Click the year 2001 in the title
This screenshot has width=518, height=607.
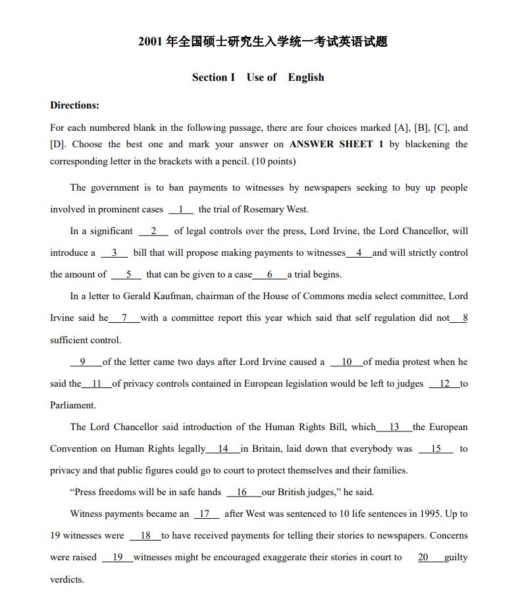coord(151,42)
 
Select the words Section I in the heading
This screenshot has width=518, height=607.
coord(213,78)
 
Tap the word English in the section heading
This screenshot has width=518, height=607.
coord(306,78)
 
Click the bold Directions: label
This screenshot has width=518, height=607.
coord(74,105)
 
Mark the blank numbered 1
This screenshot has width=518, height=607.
coord(180,209)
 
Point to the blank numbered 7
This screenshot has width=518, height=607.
coord(124,318)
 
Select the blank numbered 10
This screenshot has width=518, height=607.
coord(346,362)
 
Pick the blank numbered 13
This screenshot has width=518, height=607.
coord(394,427)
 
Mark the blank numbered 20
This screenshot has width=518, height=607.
coord(423,557)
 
